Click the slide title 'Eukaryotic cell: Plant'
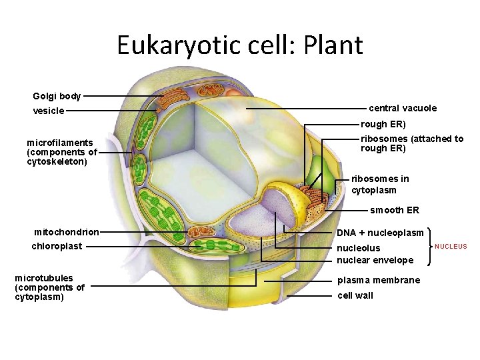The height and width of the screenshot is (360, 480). pos(240,45)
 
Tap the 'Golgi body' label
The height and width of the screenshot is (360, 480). pos(57,96)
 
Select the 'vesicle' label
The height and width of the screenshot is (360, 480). pos(49,111)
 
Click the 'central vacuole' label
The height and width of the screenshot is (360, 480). pos(403,108)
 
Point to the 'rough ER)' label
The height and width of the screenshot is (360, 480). pos(383,124)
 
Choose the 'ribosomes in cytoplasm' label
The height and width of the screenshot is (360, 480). pos(380,184)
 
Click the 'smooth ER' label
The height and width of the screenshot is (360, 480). pos(395,210)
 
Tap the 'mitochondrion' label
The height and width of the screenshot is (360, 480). pos(67,232)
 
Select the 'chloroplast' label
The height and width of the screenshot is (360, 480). pos(57,246)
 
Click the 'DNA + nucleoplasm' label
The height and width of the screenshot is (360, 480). pos(380,233)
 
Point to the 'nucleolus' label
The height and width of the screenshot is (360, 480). pos(358,248)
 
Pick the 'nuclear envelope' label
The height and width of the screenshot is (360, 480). pos(375,260)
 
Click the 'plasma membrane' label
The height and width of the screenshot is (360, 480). pos(379,280)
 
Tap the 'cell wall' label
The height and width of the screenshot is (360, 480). pos(355,295)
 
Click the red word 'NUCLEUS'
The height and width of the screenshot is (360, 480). pos(451,247)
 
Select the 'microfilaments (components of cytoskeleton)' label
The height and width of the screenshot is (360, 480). pos(61,152)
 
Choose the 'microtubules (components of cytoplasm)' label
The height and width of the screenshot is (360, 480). pos(49,287)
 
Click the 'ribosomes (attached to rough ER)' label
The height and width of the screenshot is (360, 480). pos(412,143)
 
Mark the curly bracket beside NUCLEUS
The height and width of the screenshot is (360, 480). pos(431,247)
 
